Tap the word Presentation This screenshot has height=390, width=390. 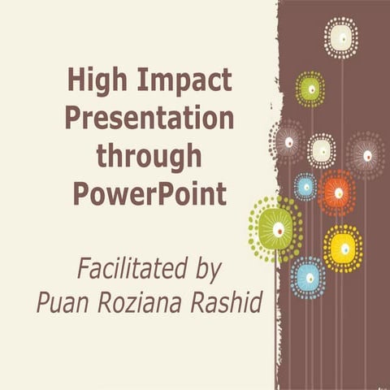[x=149, y=119]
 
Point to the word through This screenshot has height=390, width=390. [x=149, y=156]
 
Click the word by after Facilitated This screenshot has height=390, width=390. [x=207, y=269]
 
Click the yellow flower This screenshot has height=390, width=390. [x=343, y=248]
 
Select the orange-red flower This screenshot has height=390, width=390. [x=337, y=193]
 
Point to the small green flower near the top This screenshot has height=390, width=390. [x=310, y=89]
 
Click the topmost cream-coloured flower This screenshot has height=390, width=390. [x=341, y=37]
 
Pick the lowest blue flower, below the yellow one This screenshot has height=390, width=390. [x=309, y=277]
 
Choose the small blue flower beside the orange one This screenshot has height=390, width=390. [x=305, y=186]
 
